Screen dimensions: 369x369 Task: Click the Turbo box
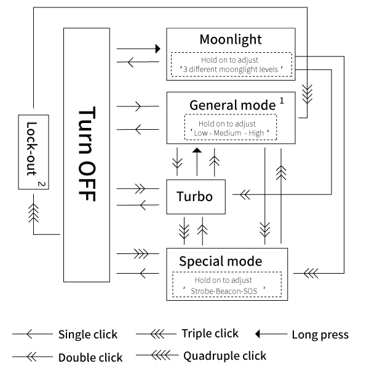click(194, 197)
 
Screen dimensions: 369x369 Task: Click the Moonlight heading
click(231, 39)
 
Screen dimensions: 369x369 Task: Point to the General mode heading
click(232, 105)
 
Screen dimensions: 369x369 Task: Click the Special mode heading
click(220, 261)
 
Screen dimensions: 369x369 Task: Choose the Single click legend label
click(87, 335)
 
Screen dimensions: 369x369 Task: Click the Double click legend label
click(90, 357)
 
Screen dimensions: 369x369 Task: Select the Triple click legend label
click(210, 334)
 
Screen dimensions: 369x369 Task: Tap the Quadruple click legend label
click(224, 355)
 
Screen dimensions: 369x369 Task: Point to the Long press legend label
click(320, 335)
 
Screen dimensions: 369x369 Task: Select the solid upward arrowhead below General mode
click(196, 151)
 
